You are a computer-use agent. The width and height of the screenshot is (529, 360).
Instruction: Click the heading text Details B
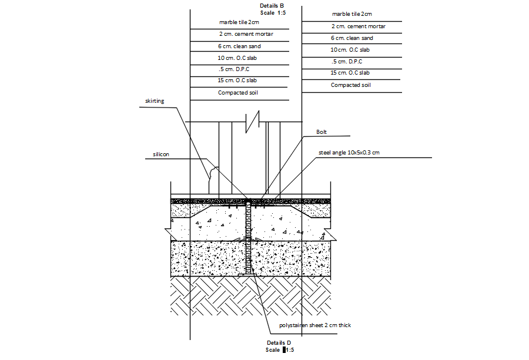point(272,5)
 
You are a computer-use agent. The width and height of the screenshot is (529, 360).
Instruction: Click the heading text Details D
point(279,342)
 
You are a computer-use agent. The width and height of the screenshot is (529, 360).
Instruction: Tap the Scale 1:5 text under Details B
point(272,12)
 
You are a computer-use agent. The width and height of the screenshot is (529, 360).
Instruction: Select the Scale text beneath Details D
point(273,350)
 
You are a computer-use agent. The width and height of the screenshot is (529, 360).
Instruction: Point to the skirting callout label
point(155,101)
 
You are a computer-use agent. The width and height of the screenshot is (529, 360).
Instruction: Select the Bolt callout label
point(321,133)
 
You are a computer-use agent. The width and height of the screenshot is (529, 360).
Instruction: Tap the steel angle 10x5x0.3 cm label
point(349,153)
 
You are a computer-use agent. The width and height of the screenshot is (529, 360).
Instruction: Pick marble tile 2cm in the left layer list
point(239,22)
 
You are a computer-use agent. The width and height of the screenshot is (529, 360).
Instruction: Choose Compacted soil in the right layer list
point(350,85)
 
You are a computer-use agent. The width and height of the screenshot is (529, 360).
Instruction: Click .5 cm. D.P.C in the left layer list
point(233,69)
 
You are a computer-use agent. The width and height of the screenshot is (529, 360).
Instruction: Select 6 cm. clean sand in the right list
point(351,38)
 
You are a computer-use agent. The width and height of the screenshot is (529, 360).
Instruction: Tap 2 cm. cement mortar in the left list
point(246,34)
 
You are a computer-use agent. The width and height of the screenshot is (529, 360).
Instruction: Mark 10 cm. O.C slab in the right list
point(350,50)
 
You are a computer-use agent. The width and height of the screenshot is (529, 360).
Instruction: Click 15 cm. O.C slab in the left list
point(237,80)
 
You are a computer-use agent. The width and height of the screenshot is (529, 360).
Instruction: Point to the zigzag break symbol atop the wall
point(253,122)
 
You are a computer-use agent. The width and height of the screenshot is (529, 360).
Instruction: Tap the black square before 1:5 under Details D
point(284,350)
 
